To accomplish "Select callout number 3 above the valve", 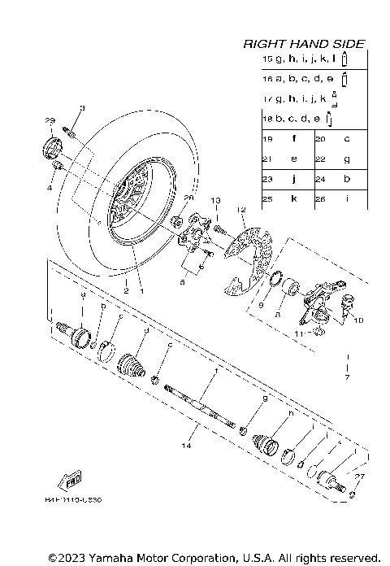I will (82, 108).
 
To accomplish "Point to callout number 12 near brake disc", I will (241, 210).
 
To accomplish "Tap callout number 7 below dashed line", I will (346, 378).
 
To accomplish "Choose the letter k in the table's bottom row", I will (294, 198).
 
